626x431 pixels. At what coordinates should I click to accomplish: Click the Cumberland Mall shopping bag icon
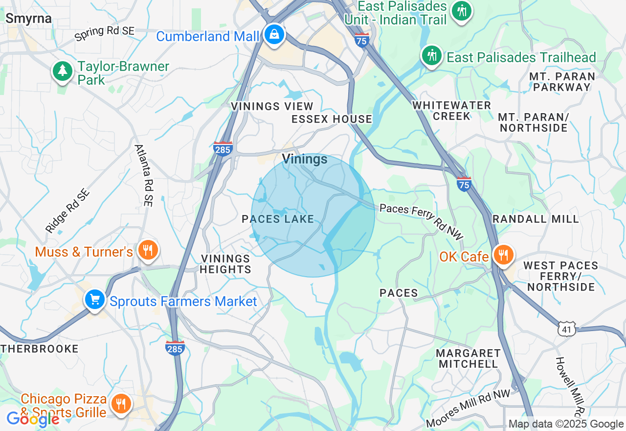274,35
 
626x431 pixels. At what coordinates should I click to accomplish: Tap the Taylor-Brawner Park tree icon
63,71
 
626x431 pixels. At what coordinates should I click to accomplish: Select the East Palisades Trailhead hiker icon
431,55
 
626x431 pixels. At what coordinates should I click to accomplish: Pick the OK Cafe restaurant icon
503,255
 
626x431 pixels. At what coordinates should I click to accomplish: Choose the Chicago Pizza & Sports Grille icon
120,404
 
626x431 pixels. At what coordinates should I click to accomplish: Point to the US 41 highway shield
566,329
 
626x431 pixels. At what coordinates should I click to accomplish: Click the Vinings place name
304,159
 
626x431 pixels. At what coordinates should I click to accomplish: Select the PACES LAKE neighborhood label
278,219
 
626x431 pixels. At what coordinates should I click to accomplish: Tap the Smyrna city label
28,19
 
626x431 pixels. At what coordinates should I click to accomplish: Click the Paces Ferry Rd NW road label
421,221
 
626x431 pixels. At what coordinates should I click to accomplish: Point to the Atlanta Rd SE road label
144,175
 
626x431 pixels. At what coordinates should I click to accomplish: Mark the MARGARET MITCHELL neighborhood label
469,359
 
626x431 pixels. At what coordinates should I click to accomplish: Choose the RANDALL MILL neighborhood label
536,219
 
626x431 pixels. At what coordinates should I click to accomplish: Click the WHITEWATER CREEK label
451,111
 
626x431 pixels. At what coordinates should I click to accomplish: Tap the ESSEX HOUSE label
332,119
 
